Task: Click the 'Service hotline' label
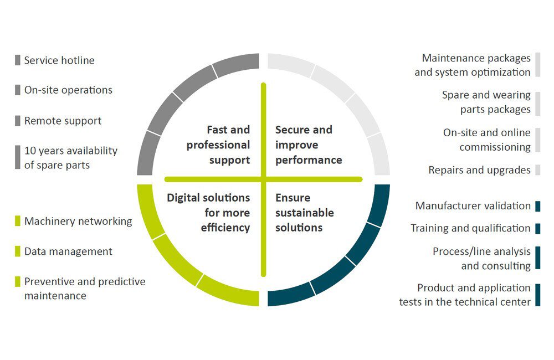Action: click(59, 60)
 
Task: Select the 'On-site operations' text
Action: click(68, 90)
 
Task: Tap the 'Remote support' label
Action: click(63, 121)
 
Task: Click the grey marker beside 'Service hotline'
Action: click(18, 60)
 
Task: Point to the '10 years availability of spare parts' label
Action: click(71, 157)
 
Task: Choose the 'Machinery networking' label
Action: click(78, 221)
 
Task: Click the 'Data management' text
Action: click(68, 251)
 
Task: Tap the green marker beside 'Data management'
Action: click(18, 251)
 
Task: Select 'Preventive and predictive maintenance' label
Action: click(85, 289)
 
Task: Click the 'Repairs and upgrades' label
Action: click(479, 170)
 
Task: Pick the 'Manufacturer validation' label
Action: click(473, 205)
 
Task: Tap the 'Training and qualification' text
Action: click(470, 228)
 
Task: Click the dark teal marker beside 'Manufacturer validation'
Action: click(538, 206)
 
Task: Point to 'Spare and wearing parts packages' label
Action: click(486, 102)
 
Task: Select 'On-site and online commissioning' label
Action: click(487, 140)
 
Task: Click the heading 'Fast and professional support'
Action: click(218, 145)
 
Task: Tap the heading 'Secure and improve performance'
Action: click(309, 145)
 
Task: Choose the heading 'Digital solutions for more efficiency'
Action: click(208, 212)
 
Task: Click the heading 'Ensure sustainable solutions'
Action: click(305, 212)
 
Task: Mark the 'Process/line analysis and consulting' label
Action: click(481, 259)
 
